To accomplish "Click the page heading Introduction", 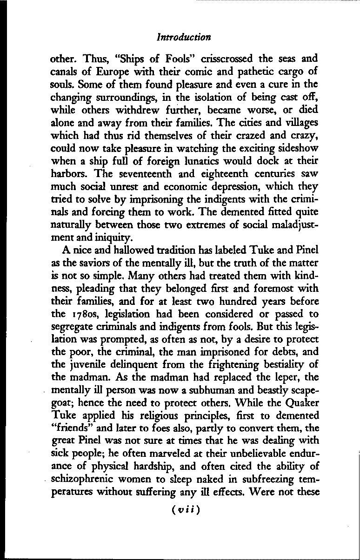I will tap(184, 37).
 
